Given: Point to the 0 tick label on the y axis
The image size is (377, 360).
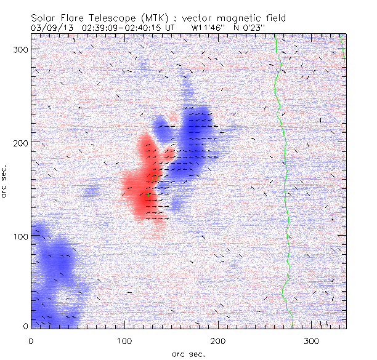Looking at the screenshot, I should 25,326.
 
